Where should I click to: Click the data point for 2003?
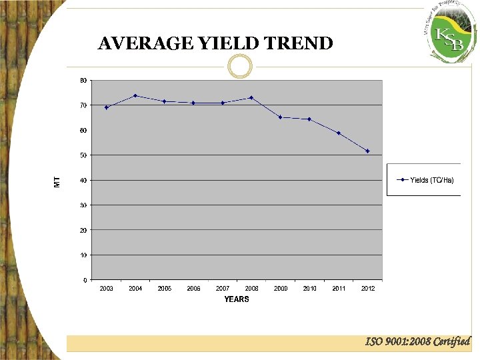pyautogui.click(x=106, y=107)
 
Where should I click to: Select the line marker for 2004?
pyautogui.click(x=135, y=95)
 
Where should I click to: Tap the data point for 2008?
pyautogui.click(x=251, y=98)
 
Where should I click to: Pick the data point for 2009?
pyautogui.click(x=280, y=117)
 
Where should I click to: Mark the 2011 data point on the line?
pyautogui.click(x=339, y=133)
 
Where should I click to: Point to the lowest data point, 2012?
pyautogui.click(x=367, y=151)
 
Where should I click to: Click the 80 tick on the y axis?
pyautogui.click(x=83, y=80)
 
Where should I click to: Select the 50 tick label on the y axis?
pyautogui.click(x=83, y=155)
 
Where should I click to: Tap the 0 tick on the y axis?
pyautogui.click(x=85, y=280)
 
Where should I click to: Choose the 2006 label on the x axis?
pyautogui.click(x=193, y=289)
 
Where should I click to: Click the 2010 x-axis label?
pyautogui.click(x=309, y=289)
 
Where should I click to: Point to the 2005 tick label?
pyautogui.click(x=165, y=289)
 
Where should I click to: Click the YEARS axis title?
pyautogui.click(x=237, y=299)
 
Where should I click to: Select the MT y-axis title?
pyautogui.click(x=57, y=181)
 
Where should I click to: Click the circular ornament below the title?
pyautogui.click(x=240, y=65)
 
